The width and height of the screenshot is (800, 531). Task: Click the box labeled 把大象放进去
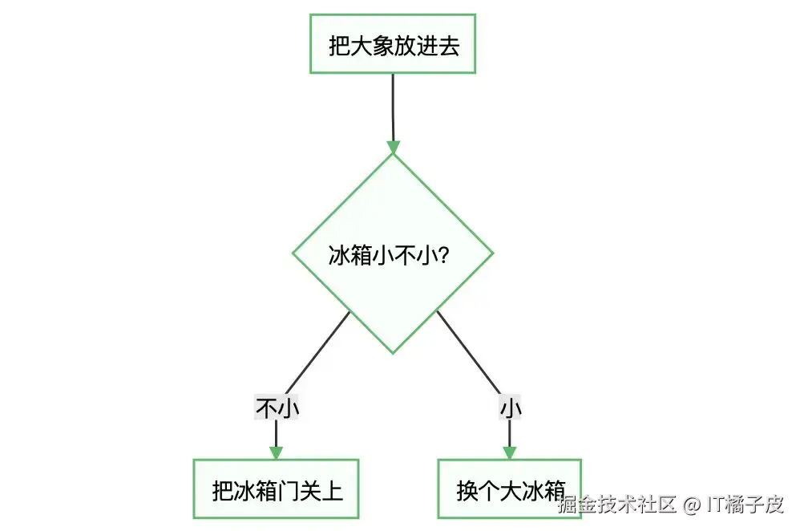click(393, 44)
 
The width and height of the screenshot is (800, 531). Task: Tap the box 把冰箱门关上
click(277, 488)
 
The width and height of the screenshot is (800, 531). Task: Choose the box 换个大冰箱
click(509, 488)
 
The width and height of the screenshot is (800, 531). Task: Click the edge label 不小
click(277, 407)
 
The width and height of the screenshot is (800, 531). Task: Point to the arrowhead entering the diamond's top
click(393, 147)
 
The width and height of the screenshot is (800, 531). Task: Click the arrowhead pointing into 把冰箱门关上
click(277, 452)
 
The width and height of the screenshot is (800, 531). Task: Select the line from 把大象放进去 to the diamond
click(393, 104)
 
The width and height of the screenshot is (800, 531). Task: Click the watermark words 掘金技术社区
click(618, 505)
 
